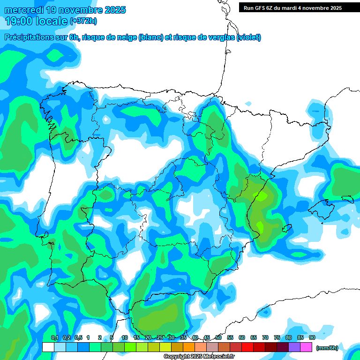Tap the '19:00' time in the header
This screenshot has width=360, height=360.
pyautogui.click(x=18, y=21)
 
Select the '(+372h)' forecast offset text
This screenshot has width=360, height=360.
pyautogui.click(x=83, y=21)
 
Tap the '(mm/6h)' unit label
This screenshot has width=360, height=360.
pyautogui.click(x=327, y=348)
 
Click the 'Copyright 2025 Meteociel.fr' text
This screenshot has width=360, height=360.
pyautogui.click(x=199, y=357)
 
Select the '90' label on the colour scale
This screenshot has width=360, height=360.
pyautogui.click(x=312, y=338)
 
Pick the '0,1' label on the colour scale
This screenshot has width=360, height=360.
pyautogui.click(x=54, y=338)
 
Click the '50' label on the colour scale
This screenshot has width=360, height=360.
pyautogui.click(x=218, y=338)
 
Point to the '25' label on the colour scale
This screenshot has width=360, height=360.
pyautogui.click(x=160, y=338)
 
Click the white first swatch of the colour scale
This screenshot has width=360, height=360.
pyautogui.click(x=48, y=347)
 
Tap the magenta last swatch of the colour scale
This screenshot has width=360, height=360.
pyautogui.click(x=306, y=347)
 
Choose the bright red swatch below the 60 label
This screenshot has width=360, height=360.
pyautogui.click(x=247, y=347)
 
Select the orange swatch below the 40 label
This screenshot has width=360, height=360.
pyautogui.click(x=189, y=347)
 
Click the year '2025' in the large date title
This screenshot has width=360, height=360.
pyautogui.click(x=114, y=10)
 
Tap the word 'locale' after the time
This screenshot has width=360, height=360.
pyautogui.click(x=52, y=21)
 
